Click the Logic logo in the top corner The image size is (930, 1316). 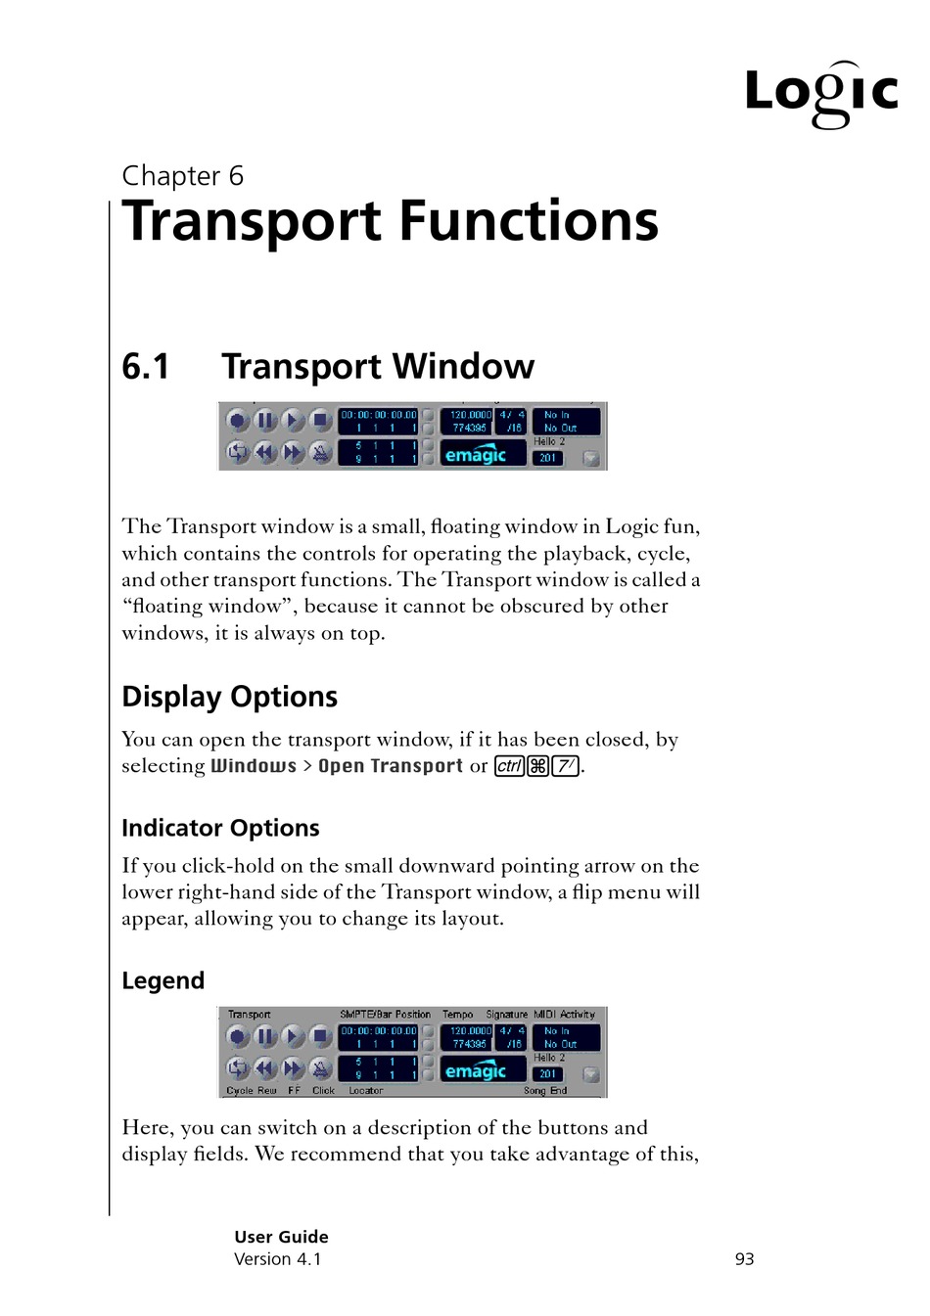(x=820, y=94)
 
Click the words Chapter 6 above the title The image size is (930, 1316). (x=182, y=176)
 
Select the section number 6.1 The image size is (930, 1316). (x=146, y=367)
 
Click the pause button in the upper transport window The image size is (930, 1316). (x=265, y=421)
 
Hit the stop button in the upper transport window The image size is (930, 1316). (x=320, y=421)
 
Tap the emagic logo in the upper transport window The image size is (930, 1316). (x=476, y=455)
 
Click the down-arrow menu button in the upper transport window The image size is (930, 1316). (x=591, y=458)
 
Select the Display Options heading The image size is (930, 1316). (x=229, y=697)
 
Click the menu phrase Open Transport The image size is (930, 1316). (x=390, y=766)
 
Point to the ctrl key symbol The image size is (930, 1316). (x=509, y=766)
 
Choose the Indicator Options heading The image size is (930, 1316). (x=220, y=828)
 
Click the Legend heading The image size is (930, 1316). (x=163, y=980)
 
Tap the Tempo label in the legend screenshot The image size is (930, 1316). (x=457, y=1015)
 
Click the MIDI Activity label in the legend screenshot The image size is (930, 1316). (x=564, y=1015)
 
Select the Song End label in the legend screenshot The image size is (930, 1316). (x=545, y=1090)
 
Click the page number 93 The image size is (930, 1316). (x=744, y=1259)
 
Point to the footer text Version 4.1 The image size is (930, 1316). (x=277, y=1259)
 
